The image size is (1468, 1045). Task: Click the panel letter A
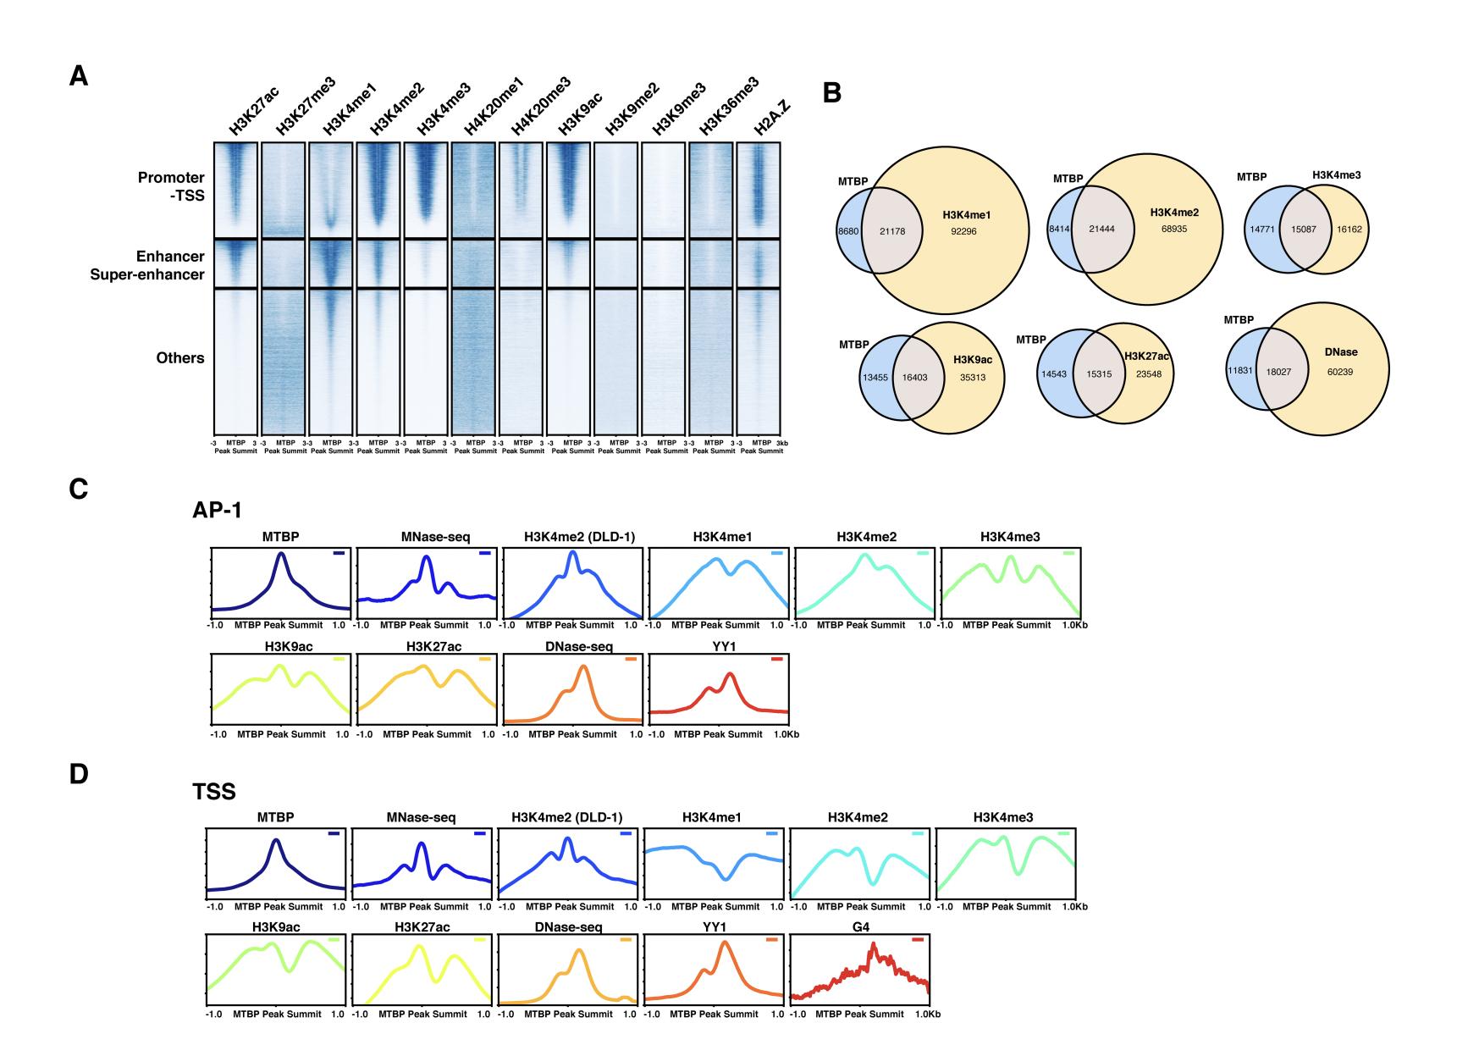point(79,77)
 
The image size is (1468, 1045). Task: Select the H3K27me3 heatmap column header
point(306,107)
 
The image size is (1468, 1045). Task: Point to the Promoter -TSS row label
point(172,186)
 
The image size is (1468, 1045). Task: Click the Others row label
point(180,358)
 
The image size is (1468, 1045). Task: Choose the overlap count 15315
point(1099,374)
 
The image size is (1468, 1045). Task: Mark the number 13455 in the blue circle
point(874,378)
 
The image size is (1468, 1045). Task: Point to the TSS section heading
point(213,792)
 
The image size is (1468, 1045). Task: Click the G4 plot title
point(860,927)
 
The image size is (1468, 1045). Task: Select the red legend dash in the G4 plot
point(918,940)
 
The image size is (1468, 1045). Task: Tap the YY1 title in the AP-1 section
point(716,647)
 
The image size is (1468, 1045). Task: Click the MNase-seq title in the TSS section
point(421,817)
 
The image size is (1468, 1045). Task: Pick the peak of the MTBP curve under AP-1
point(280,554)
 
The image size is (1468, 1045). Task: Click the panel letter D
point(79,774)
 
